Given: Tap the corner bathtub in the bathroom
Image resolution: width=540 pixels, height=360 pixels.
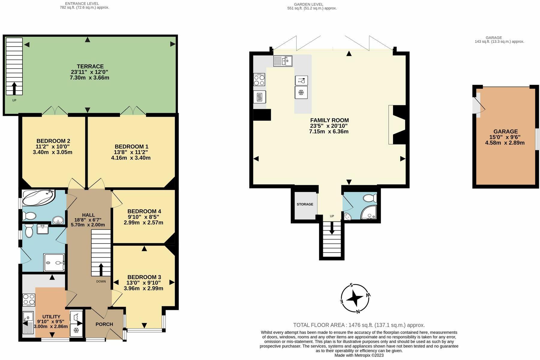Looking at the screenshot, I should [x=38, y=198].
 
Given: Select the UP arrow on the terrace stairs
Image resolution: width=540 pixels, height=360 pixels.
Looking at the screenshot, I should [x=14, y=88].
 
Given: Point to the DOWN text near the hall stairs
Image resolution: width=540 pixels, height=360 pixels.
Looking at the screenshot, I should [x=101, y=281].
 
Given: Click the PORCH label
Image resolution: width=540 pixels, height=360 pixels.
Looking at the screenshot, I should [x=104, y=324].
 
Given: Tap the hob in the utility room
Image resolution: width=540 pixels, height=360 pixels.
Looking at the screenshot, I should [x=29, y=300].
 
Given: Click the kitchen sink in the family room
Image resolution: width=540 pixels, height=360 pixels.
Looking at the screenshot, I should [x=283, y=61].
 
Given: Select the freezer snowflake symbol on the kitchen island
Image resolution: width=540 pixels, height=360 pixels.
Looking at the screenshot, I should [x=301, y=92].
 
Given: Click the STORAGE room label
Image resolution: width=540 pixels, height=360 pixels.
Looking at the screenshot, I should [x=305, y=204].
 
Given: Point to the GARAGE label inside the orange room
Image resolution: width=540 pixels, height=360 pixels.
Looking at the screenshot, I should [x=505, y=131].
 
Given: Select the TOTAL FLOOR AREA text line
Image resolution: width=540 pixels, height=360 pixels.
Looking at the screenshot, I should [x=359, y=325].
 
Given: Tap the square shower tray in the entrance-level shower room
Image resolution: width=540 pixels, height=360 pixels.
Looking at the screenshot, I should [x=54, y=263].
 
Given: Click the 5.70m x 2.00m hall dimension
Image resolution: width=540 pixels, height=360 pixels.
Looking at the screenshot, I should [x=88, y=225].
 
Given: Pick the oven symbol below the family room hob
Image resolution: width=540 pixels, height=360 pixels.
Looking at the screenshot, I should [x=259, y=97].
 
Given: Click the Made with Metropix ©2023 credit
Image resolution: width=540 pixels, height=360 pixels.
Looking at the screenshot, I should [x=359, y=355].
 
